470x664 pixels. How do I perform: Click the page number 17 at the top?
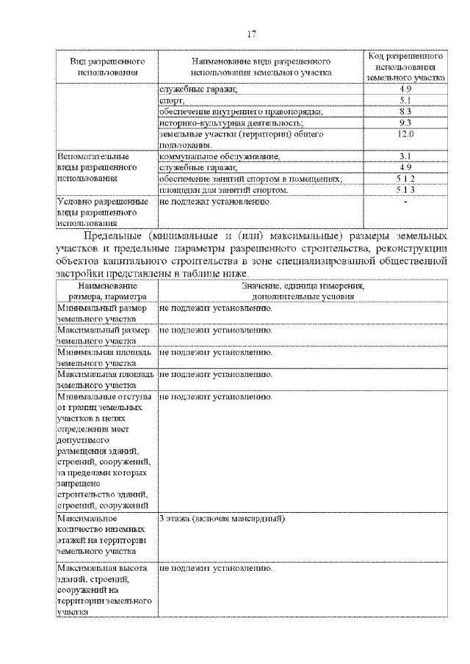click(x=251, y=34)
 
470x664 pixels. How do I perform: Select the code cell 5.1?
click(x=405, y=100)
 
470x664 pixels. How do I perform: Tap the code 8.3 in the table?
click(x=405, y=111)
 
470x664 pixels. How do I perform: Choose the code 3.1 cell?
click(x=405, y=156)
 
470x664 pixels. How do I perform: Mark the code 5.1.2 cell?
click(x=405, y=179)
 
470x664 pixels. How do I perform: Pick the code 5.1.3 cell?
click(x=405, y=190)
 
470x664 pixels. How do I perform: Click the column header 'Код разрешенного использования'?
click(x=405, y=65)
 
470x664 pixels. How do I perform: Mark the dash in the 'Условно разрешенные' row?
click(x=405, y=202)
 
